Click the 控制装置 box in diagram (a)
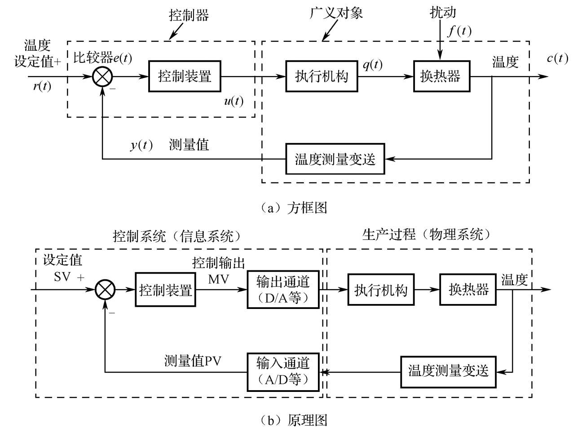(x=185, y=76)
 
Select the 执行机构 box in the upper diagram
(x=322, y=76)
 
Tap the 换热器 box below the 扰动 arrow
(x=441, y=76)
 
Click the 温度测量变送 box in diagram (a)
(x=335, y=159)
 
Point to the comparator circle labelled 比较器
(x=102, y=77)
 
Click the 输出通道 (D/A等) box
(x=283, y=290)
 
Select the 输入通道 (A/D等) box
(x=283, y=371)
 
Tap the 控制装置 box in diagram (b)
(x=165, y=290)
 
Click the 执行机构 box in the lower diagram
(x=381, y=290)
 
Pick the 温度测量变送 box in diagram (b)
(x=448, y=371)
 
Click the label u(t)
(x=234, y=101)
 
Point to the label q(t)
(x=372, y=65)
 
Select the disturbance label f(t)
(x=459, y=31)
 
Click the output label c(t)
(x=557, y=58)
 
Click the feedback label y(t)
(x=141, y=145)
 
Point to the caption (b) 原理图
(x=294, y=421)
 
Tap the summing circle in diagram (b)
(x=106, y=290)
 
